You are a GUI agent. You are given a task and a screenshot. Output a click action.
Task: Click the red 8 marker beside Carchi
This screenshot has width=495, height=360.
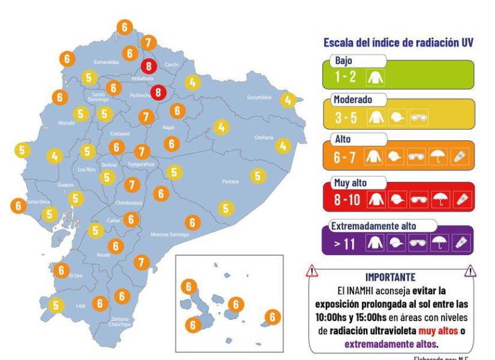coord(149,66)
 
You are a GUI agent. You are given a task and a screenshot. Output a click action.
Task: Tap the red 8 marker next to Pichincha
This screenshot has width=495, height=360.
coord(158,92)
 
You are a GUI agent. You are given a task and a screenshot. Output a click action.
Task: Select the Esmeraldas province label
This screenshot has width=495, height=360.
coord(106,62)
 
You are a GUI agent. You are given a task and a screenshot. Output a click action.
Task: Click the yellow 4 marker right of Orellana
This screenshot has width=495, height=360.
coord(283,145)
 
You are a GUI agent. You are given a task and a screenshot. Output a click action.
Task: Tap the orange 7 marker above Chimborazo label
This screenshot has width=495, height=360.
coord(132,185)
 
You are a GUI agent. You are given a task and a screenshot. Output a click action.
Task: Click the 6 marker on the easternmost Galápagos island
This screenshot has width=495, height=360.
coord(272,317)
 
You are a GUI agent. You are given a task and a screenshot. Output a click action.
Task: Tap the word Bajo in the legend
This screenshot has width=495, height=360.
coord(344,61)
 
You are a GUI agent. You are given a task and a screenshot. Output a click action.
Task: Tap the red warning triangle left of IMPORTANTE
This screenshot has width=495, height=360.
coord(312,272)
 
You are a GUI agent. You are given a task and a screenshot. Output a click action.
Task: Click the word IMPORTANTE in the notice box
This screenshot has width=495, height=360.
coord(390,277)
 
